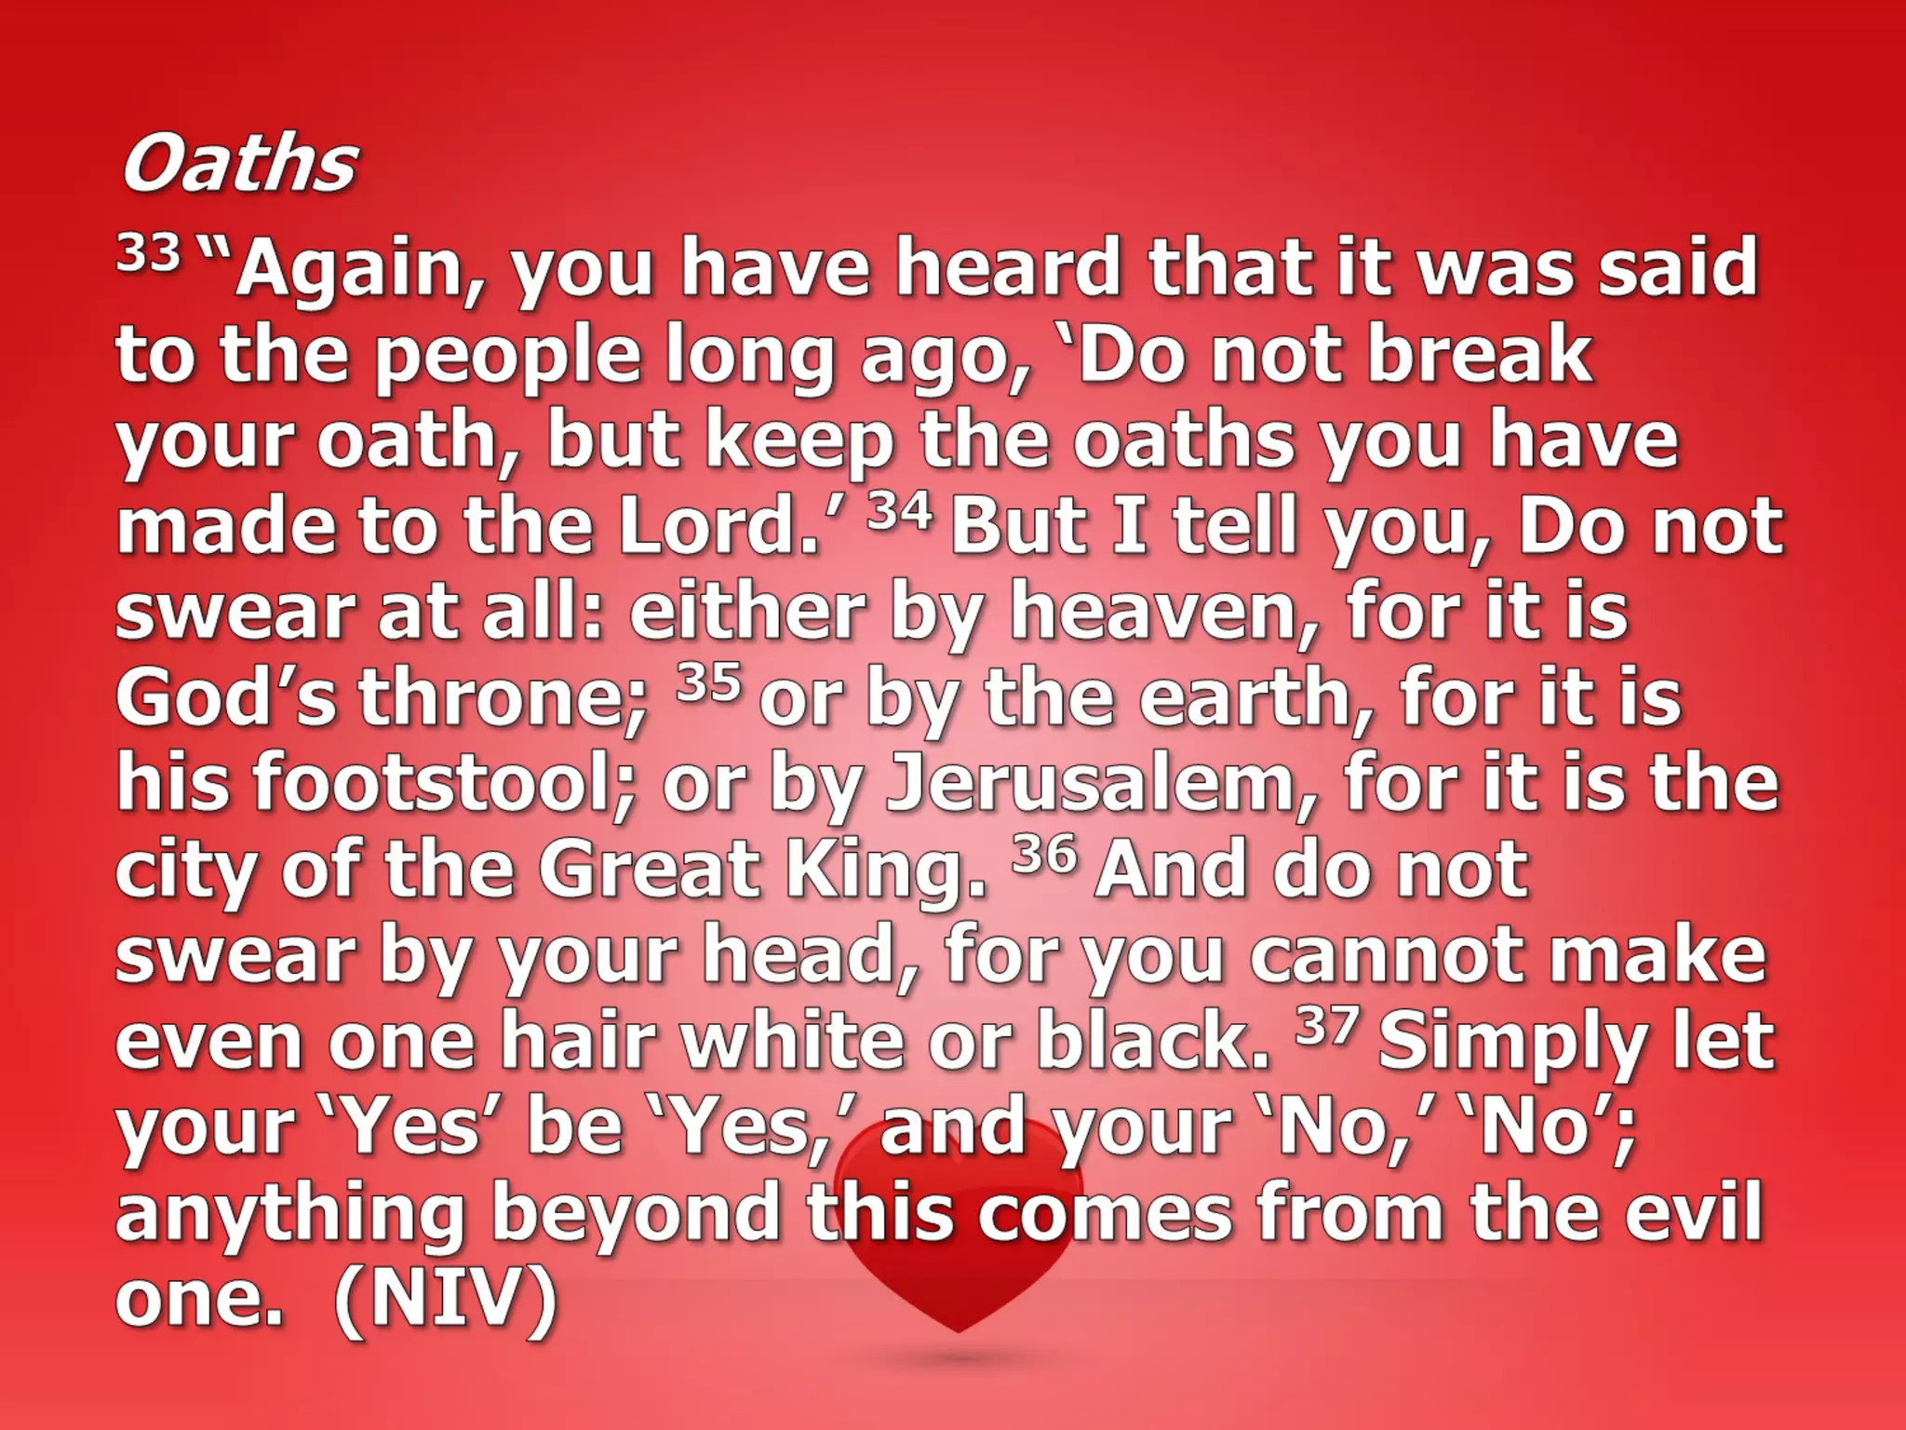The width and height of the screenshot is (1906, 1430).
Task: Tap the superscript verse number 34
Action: [x=899, y=511]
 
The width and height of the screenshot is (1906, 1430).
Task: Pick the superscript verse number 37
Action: [x=1322, y=1026]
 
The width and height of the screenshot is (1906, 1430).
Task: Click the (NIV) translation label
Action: [x=446, y=1300]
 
